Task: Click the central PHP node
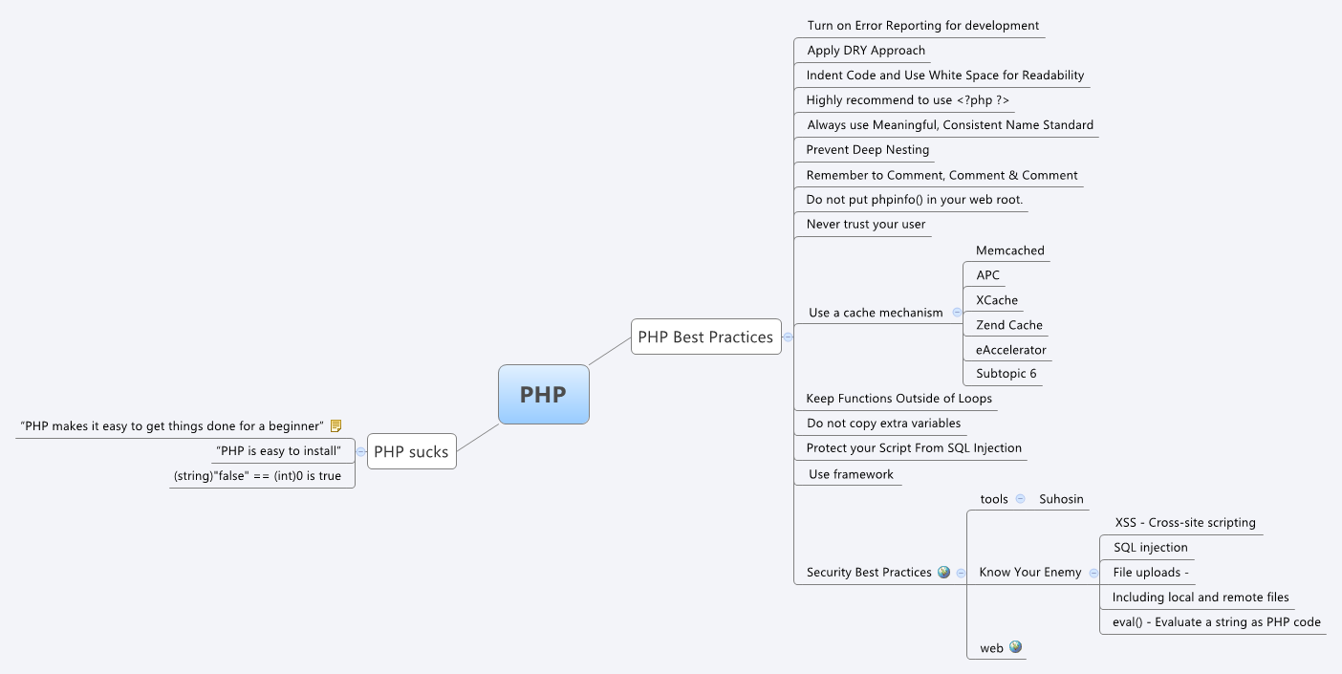(543, 394)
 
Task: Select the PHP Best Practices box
(705, 337)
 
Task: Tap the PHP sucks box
(411, 452)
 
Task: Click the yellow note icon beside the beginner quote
(335, 425)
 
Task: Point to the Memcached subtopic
(1009, 250)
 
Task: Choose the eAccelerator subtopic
(1010, 350)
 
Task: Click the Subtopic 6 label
(1006, 374)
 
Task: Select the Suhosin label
(1061, 499)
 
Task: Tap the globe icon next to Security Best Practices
(943, 572)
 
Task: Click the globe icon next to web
(1015, 647)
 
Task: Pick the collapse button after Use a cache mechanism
(957, 313)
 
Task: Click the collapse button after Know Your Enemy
(1093, 573)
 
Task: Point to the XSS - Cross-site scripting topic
(1185, 523)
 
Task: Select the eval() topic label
(1216, 622)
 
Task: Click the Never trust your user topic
(865, 225)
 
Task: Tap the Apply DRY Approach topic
(866, 51)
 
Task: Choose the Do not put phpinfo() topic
(914, 200)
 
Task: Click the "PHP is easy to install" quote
(279, 450)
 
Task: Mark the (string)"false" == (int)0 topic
(257, 475)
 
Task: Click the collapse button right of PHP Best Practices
(788, 337)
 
